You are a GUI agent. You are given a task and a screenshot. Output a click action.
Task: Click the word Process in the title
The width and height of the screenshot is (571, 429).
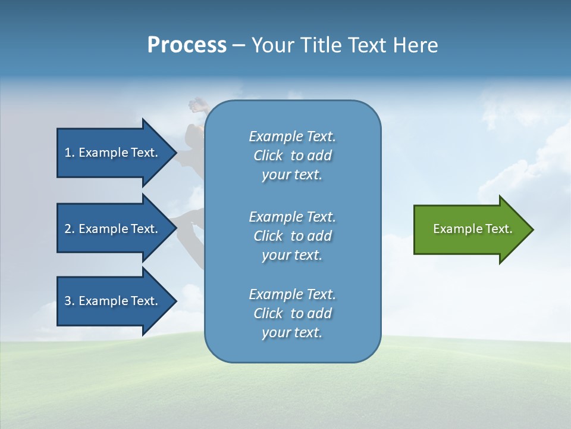(x=187, y=45)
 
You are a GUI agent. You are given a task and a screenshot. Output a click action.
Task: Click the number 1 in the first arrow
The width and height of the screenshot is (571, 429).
(x=68, y=153)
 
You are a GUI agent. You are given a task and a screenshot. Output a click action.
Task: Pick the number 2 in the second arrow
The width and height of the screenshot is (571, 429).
(x=68, y=229)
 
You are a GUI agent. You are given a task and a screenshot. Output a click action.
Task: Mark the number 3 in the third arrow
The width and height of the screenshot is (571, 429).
(x=68, y=301)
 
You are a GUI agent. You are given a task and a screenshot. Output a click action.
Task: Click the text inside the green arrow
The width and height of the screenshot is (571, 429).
(x=472, y=229)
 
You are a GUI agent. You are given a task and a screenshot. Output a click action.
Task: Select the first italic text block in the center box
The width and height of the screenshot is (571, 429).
(x=292, y=156)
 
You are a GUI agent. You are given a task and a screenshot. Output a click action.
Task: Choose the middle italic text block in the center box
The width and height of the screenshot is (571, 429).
(x=292, y=236)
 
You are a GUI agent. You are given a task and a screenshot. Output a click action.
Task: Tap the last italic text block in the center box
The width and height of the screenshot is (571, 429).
(x=292, y=313)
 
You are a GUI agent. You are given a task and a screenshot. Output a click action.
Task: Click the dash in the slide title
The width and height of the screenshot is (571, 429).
(x=239, y=46)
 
